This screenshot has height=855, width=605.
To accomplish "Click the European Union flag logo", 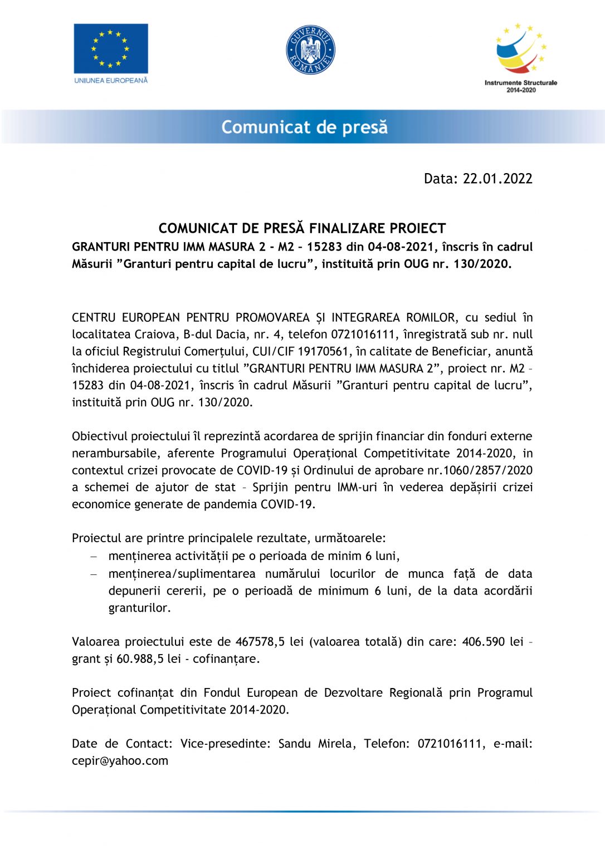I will (x=111, y=48).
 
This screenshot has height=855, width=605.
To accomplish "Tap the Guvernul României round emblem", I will (x=310, y=50).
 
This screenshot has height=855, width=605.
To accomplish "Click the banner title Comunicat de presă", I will (x=304, y=127).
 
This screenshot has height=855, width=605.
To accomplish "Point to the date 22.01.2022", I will (x=497, y=179).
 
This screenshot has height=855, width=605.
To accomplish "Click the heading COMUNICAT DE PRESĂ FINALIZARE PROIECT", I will (x=302, y=228).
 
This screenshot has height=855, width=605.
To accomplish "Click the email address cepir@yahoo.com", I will (x=120, y=761).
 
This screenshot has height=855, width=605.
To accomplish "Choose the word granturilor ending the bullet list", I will (x=139, y=608).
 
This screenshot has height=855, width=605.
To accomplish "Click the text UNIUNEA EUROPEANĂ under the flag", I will (x=111, y=80).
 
